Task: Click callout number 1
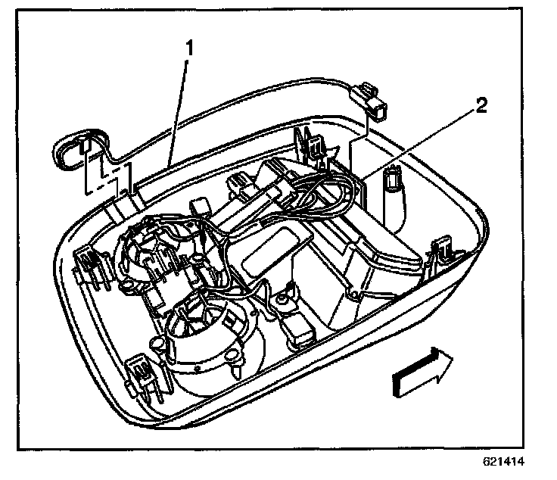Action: click(190, 48)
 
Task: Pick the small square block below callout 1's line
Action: click(200, 206)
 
